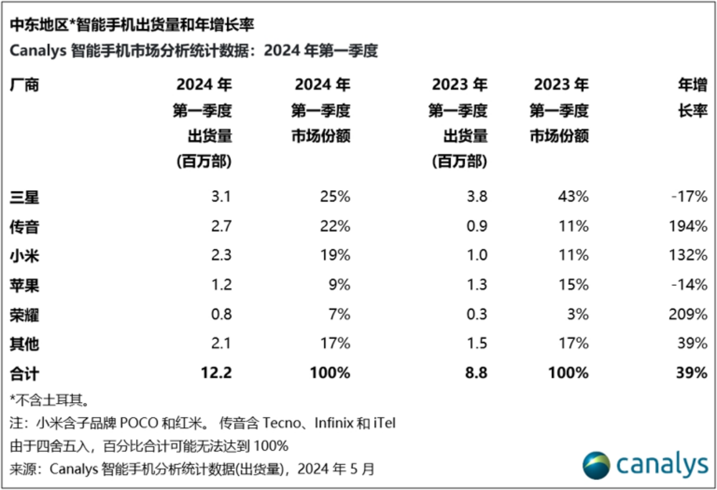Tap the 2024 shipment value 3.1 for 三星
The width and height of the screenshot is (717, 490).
pyautogui.click(x=221, y=197)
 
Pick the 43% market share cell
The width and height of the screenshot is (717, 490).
pyautogui.click(x=573, y=197)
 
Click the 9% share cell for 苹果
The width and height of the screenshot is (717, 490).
pyautogui.click(x=339, y=285)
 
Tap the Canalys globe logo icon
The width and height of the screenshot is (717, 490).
pyautogui.click(x=597, y=465)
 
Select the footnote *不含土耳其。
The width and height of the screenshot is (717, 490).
pyautogui.click(x=50, y=400)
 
